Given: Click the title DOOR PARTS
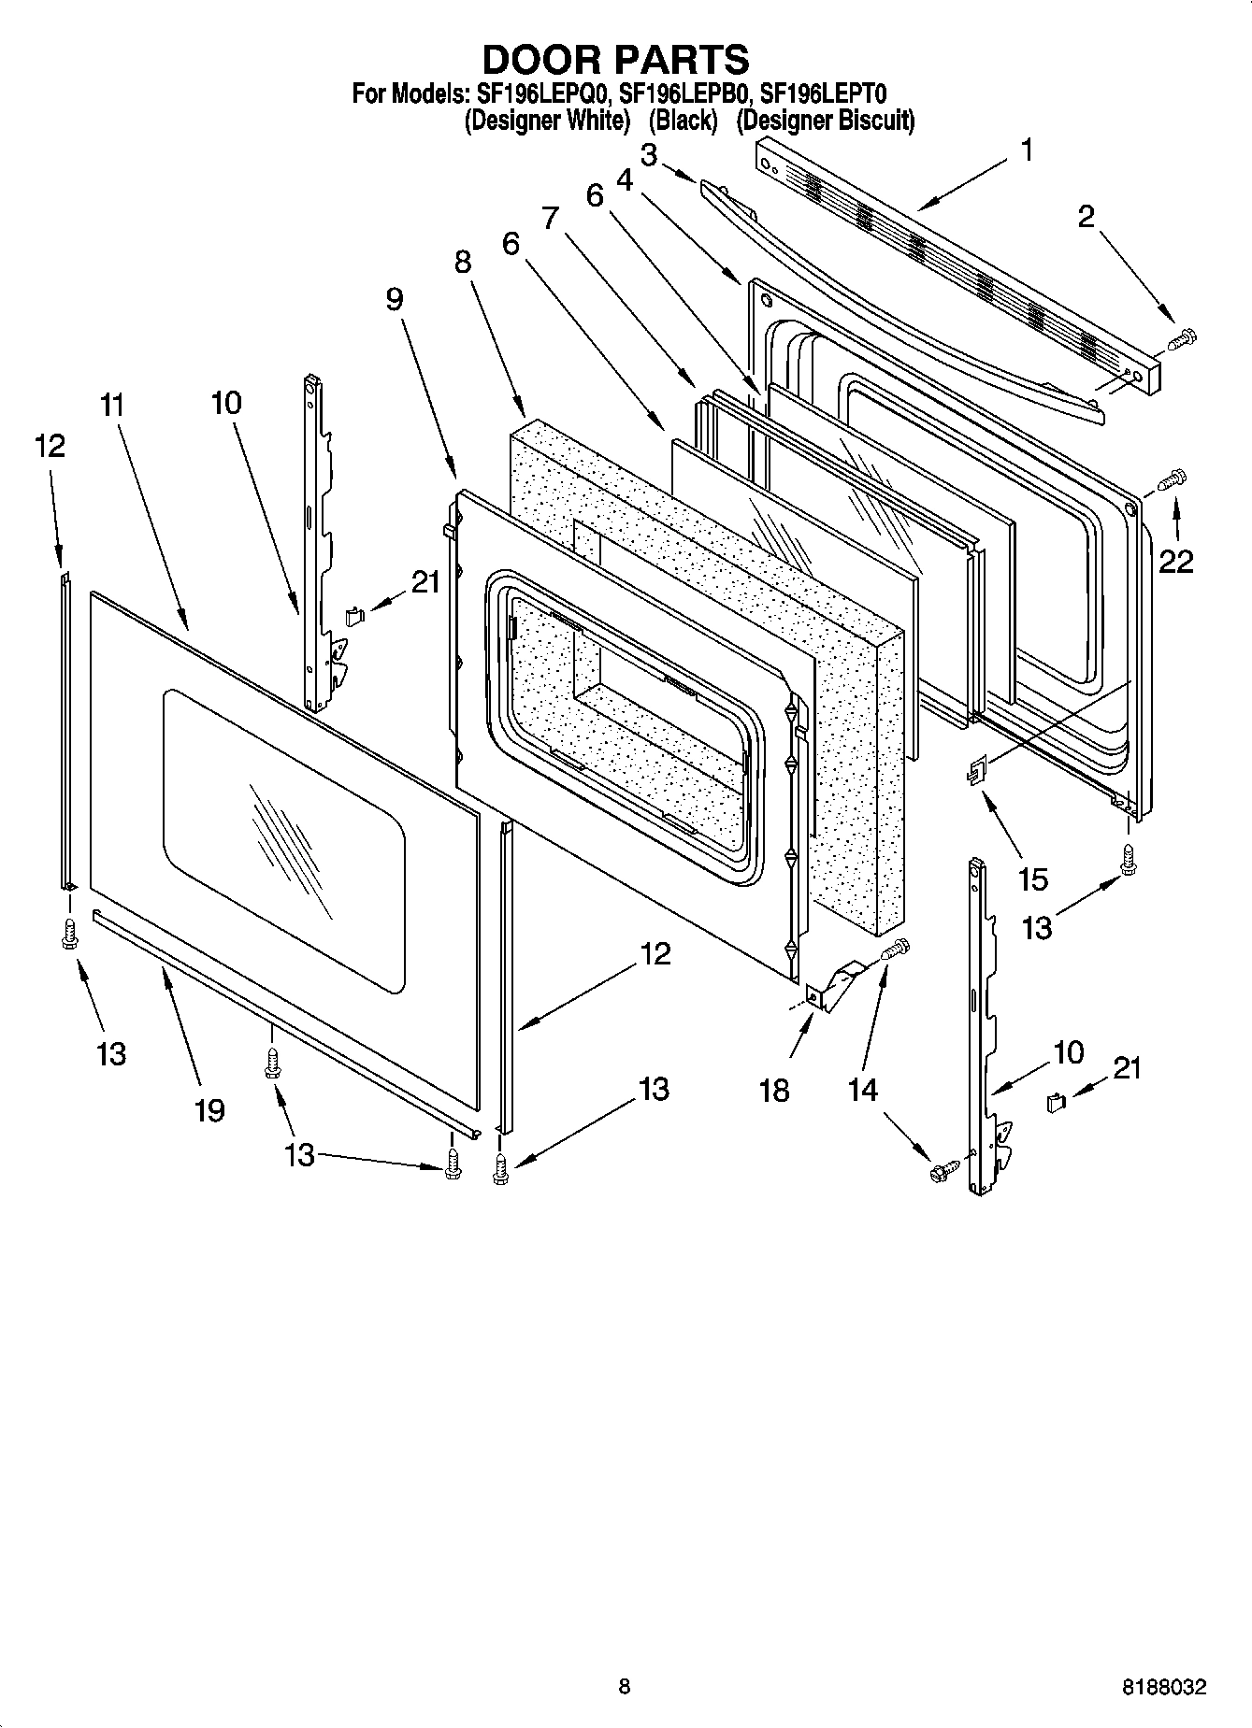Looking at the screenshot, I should (614, 59).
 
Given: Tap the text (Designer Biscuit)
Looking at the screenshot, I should (825, 121).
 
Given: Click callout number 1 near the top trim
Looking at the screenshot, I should (1027, 150).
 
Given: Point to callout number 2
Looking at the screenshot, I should (1086, 217).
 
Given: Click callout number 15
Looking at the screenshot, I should (1033, 879).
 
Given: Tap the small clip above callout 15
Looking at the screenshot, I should (978, 770).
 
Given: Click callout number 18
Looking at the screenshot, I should (774, 1089).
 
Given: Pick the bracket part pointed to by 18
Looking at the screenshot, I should (835, 985).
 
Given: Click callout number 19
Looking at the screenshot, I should (209, 1110).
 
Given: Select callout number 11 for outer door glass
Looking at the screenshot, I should (112, 406).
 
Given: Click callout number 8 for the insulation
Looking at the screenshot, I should (463, 263).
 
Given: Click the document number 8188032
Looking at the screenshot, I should (1163, 1688).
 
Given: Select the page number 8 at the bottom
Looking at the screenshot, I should (625, 1687).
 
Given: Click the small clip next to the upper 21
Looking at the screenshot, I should (353, 615).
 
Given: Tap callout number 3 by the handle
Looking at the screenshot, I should (648, 153).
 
